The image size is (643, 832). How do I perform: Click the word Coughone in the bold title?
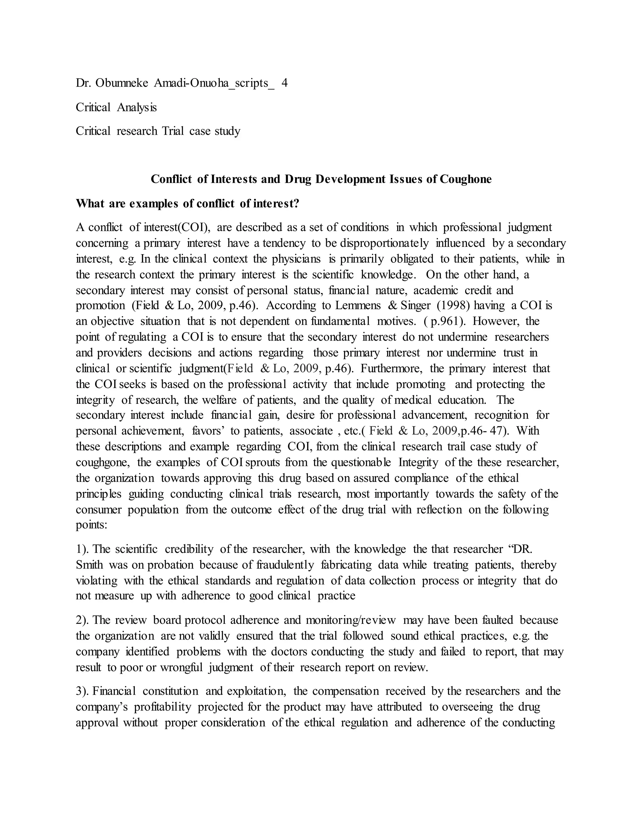coord(466,179)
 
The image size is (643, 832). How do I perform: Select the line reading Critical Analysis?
coord(116,107)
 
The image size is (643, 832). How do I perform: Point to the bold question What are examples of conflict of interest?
coord(187,203)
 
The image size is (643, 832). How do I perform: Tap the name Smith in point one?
coord(89,565)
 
